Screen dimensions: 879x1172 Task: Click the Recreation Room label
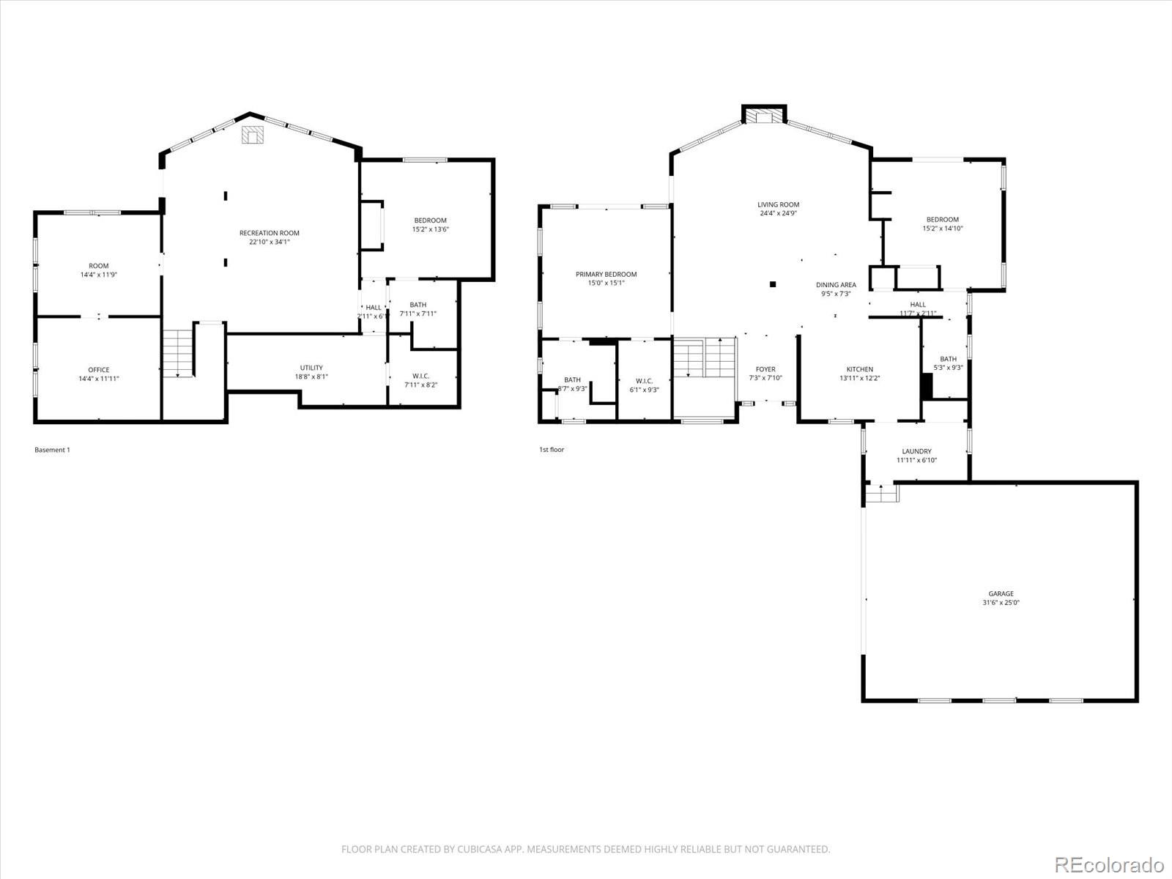click(x=269, y=233)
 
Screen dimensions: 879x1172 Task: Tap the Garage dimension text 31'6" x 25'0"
click(x=1001, y=603)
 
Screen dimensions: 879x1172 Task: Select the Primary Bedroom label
click(x=606, y=274)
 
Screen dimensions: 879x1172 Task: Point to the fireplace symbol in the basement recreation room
click(x=253, y=135)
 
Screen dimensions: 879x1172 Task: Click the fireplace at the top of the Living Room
click(x=764, y=116)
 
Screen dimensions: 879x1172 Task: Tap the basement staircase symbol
click(x=178, y=353)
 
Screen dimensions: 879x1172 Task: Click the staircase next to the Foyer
click(x=704, y=357)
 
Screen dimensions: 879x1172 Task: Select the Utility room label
click(x=311, y=368)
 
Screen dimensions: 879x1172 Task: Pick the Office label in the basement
click(x=99, y=370)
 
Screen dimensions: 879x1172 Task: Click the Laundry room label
click(x=916, y=451)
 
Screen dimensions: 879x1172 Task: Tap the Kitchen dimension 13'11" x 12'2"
click(x=859, y=379)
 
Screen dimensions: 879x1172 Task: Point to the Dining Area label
click(x=836, y=285)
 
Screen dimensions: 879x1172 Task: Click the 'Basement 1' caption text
click(x=52, y=450)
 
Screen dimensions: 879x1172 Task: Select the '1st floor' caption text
click(x=552, y=450)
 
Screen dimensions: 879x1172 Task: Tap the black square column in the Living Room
click(x=772, y=284)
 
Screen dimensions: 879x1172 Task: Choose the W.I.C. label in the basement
click(x=420, y=376)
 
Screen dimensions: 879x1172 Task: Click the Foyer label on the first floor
click(x=765, y=369)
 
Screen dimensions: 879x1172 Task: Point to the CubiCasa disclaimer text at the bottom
click(x=585, y=850)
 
